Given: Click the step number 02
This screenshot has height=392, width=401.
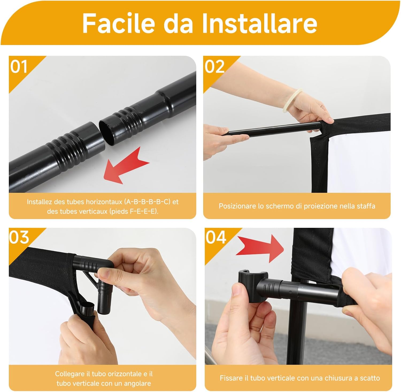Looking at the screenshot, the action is click(215, 66).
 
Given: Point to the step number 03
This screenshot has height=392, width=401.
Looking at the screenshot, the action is click(19, 237).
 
